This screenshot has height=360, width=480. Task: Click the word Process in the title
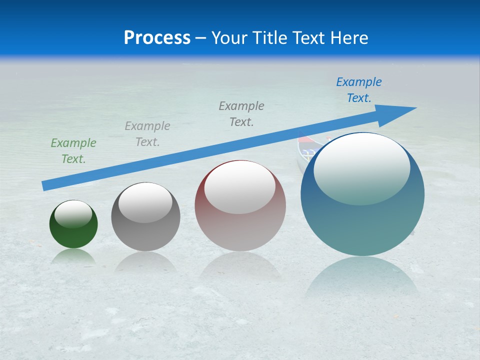[157, 38]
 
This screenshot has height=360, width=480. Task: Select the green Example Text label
[73, 151]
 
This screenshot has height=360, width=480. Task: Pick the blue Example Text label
[358, 90]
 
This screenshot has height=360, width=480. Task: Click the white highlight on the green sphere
[73, 214]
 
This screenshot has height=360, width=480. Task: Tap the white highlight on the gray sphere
[145, 202]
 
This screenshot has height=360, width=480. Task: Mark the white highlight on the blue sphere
[361, 167]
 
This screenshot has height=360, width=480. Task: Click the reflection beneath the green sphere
[73, 257]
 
